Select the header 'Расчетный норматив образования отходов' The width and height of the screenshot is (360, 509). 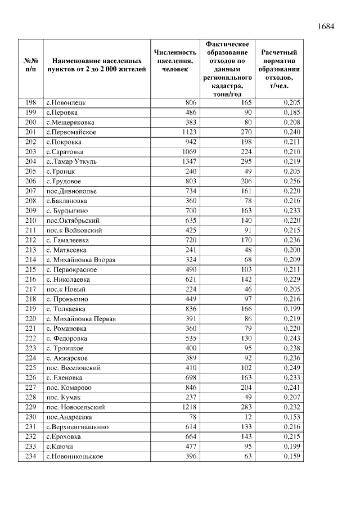pos(279,69)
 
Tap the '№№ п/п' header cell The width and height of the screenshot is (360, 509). pos(31,65)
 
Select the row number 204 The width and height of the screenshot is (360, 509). pos(31,161)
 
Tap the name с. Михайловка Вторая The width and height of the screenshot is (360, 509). pos(81,260)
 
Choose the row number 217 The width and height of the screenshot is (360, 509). pos(31,289)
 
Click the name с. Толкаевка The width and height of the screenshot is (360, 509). pos(66,309)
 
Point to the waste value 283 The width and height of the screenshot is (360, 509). pos(245,407)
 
